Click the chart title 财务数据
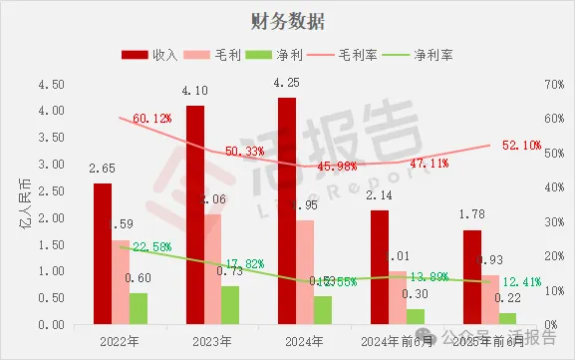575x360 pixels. (x=287, y=21)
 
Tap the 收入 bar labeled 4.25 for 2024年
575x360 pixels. (x=286, y=210)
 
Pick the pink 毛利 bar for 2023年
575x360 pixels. (x=212, y=269)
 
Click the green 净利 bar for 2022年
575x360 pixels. (x=138, y=308)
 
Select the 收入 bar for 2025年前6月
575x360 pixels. (x=472, y=277)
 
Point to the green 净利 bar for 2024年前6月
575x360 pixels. (x=414, y=316)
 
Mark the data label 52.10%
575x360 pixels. (x=521, y=145)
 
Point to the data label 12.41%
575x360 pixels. (x=521, y=281)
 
